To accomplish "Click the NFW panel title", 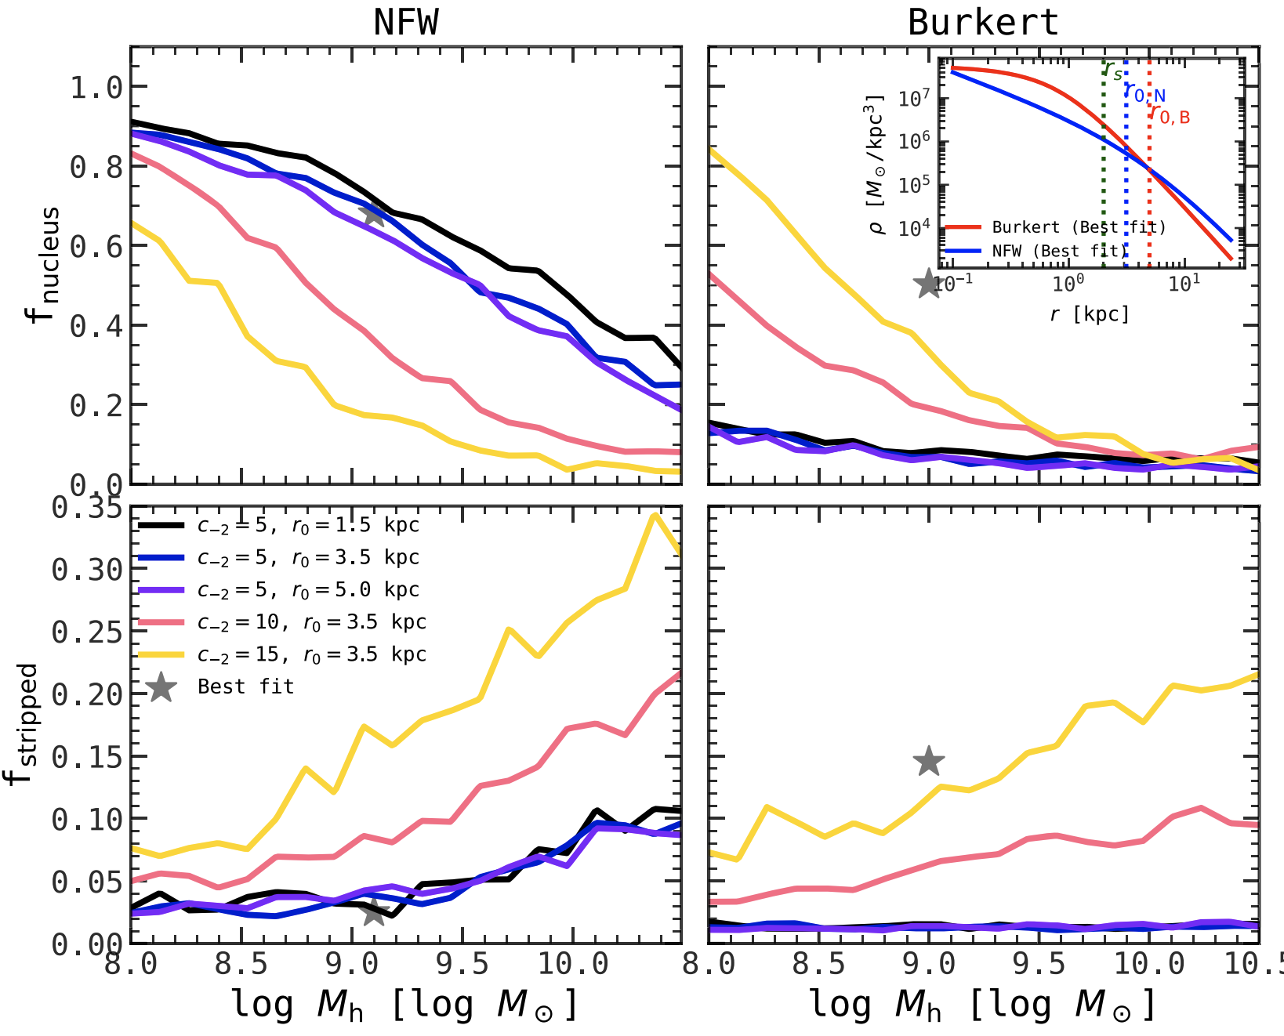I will pos(405,22).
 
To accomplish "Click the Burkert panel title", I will pos(983,22).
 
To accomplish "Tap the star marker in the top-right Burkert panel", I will pos(928,284).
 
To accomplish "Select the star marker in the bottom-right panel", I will pos(929,760).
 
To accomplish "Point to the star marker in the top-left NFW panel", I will pos(373,214).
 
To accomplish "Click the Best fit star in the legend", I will pos(161,687).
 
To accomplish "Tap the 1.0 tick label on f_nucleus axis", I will pos(96,87).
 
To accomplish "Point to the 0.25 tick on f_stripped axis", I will pos(87,632).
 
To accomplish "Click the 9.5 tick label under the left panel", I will pos(462,964).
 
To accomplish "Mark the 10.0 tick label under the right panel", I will pos(1149,964).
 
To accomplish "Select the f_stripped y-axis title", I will pos(24,724).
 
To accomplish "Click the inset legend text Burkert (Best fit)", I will pos(1079,227).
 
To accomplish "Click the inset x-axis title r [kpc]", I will pos(1090,314).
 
